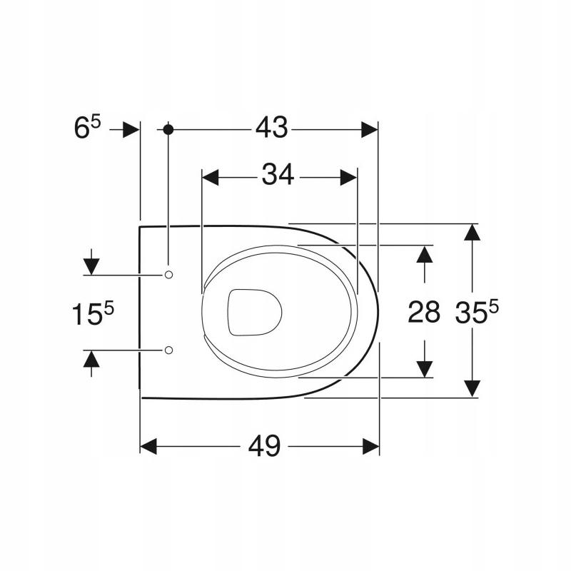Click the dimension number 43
pyautogui.click(x=271, y=128)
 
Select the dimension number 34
pyautogui.click(x=278, y=175)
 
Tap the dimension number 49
pyautogui.click(x=264, y=446)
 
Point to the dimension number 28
pyautogui.click(x=424, y=312)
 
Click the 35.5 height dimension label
pyautogui.click(x=477, y=311)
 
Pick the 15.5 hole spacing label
pyautogui.click(x=93, y=313)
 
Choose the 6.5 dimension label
pyautogui.click(x=87, y=127)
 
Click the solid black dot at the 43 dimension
pyautogui.click(x=168, y=129)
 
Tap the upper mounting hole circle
pyautogui.click(x=168, y=275)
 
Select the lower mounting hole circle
pyautogui.click(x=168, y=350)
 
